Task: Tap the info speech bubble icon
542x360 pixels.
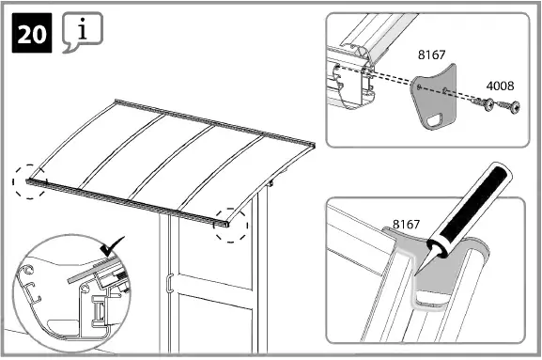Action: coord(82,33)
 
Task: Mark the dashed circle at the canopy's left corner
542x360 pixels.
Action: coord(31,180)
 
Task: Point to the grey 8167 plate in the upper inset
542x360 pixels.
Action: coord(433,95)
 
